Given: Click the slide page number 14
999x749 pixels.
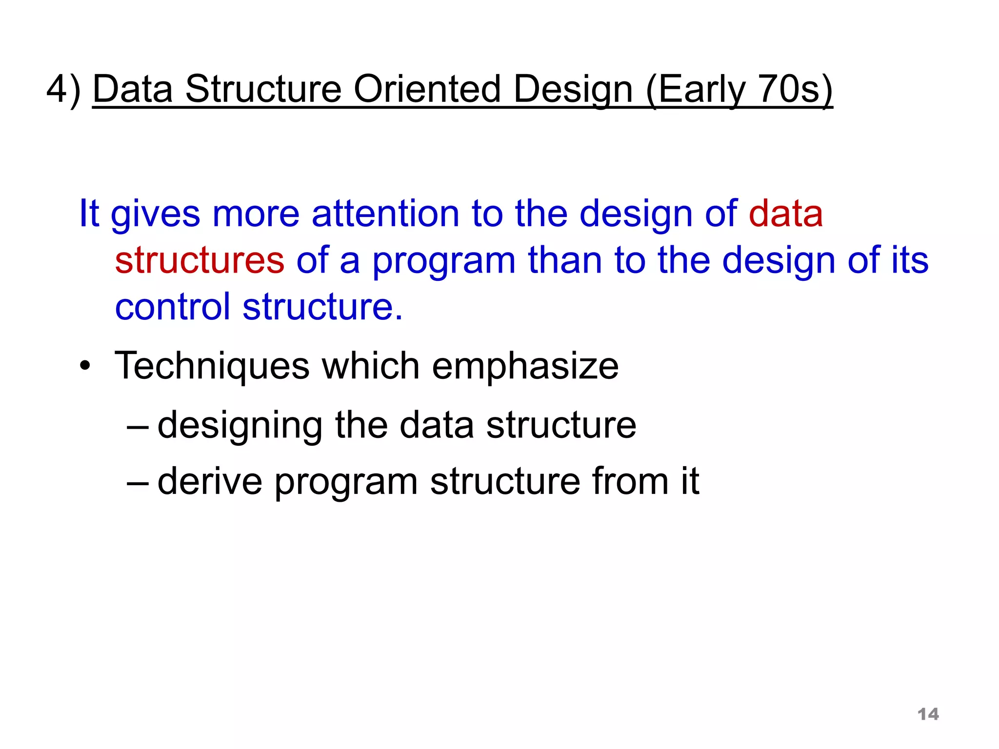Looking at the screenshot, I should click(928, 714).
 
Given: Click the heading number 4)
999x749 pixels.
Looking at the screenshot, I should click(63, 90).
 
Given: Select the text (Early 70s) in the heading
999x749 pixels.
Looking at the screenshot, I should click(739, 90).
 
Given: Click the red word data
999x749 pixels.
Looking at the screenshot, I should click(786, 214).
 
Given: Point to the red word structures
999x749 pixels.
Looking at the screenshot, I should click(200, 260).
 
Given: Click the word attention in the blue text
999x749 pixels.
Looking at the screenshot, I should click(385, 214).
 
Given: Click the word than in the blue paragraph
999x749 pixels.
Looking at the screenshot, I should click(565, 260).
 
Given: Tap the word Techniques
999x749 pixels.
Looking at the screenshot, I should click(212, 366).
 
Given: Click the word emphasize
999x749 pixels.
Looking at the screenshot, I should click(525, 366).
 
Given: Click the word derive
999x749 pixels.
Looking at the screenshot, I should click(210, 481).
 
